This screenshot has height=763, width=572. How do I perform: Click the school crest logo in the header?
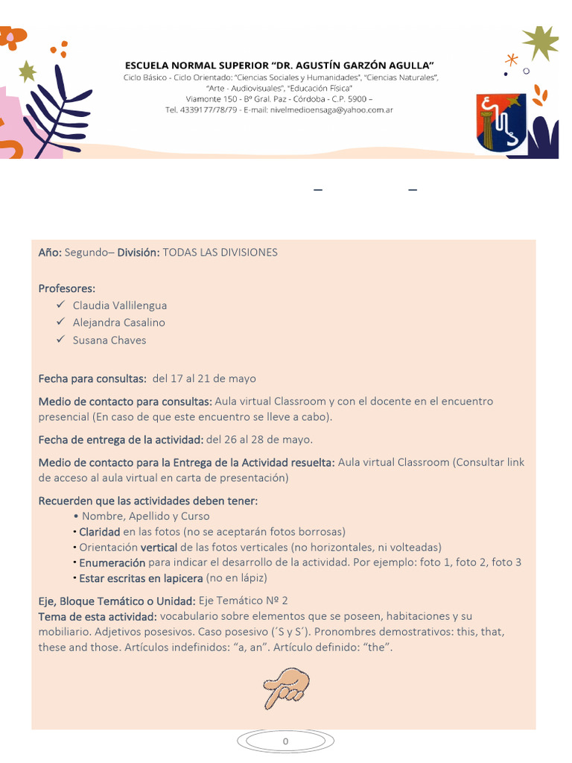click(500, 123)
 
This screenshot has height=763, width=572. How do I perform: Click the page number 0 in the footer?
click(285, 741)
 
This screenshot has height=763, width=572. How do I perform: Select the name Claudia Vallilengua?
click(120, 305)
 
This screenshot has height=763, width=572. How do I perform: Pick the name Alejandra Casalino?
click(119, 323)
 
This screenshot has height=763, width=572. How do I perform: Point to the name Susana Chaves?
click(109, 341)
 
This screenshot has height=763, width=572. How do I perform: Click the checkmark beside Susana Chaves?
click(61, 340)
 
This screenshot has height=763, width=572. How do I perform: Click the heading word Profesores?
click(67, 288)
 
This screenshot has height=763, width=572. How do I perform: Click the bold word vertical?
click(159, 547)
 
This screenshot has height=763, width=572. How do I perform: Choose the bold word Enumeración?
click(112, 563)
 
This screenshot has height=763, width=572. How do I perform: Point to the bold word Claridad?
click(100, 532)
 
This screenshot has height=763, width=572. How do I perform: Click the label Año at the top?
click(50, 253)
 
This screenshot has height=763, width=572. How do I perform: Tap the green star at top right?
click(540, 42)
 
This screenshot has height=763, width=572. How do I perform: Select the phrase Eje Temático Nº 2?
click(244, 601)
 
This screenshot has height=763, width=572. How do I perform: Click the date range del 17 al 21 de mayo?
click(204, 379)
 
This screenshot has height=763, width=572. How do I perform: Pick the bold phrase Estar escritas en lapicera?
click(141, 577)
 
